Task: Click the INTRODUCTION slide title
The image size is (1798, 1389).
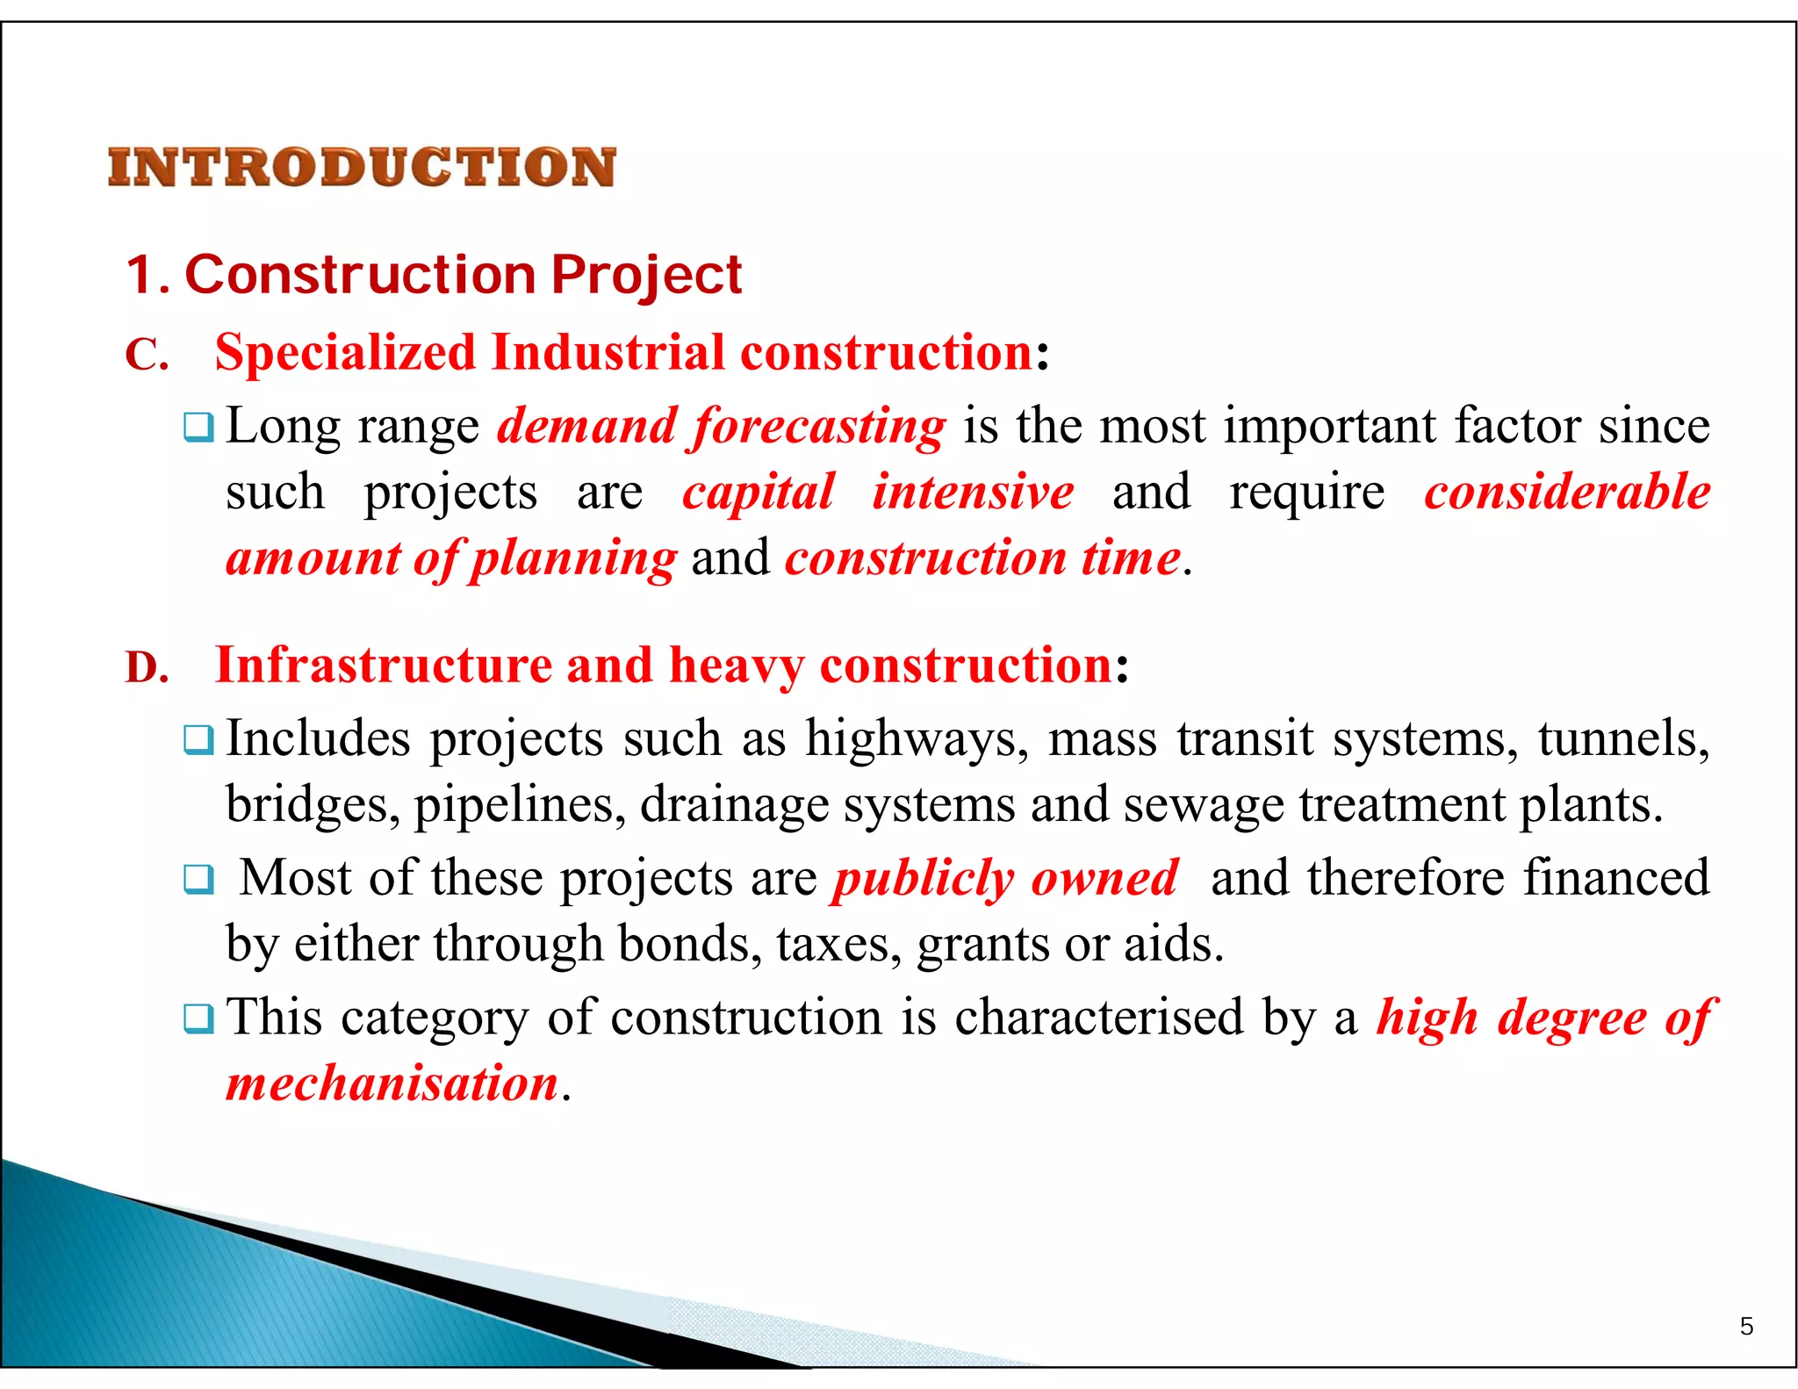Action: click(362, 167)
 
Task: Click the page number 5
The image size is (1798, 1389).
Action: click(1746, 1326)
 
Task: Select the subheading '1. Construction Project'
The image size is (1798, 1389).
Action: click(435, 275)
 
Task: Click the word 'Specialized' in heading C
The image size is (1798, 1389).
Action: click(345, 353)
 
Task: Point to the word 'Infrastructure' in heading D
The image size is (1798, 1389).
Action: click(383, 665)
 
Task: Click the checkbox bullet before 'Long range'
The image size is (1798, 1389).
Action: click(198, 428)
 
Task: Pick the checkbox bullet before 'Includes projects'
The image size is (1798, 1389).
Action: click(198, 740)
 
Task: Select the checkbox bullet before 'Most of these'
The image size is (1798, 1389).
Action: click(198, 879)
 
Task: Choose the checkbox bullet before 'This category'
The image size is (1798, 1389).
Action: click(198, 1018)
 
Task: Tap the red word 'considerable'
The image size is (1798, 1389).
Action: click(1567, 492)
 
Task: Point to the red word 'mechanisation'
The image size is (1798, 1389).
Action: click(392, 1083)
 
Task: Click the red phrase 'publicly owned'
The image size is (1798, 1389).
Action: click(1006, 878)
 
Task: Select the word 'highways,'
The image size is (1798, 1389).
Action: click(917, 739)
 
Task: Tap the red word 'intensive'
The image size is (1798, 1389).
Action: click(973, 492)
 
